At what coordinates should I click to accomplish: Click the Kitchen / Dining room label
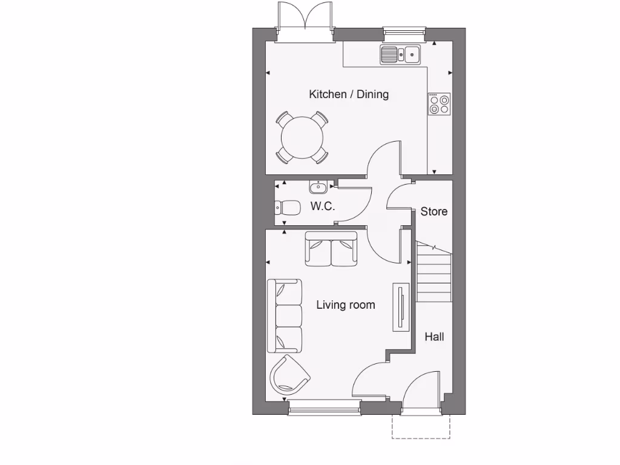[349, 94]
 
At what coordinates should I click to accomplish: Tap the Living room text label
[345, 305]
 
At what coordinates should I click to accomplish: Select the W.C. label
[323, 206]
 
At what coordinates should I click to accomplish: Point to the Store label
[434, 211]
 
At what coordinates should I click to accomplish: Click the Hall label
[434, 337]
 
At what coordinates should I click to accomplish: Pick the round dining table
[302, 137]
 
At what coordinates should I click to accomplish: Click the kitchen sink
[401, 55]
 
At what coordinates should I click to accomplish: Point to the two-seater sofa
[331, 249]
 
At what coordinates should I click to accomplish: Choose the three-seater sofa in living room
[285, 315]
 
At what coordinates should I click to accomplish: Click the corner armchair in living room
[288, 375]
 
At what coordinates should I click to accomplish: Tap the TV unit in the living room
[401, 307]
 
